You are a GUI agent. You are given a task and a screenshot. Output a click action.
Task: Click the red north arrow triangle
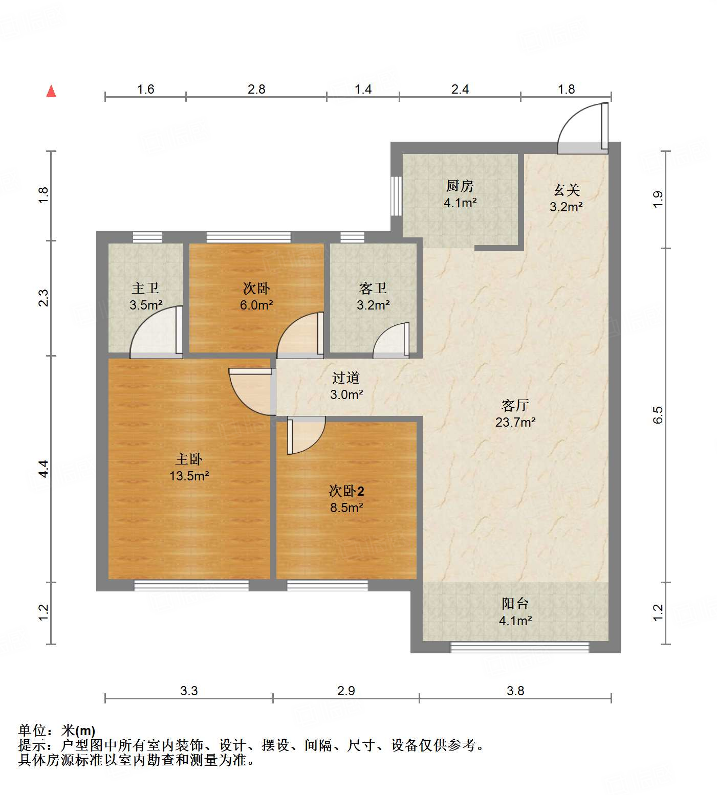[51, 92]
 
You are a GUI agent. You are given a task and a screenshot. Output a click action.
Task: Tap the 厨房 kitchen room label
[460, 186]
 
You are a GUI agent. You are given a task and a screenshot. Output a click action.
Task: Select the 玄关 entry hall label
[566, 190]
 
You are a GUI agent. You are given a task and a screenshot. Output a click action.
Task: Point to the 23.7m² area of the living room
[515, 423]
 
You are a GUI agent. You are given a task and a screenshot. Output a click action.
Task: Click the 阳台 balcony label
[515, 604]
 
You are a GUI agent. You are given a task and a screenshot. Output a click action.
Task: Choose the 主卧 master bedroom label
[189, 459]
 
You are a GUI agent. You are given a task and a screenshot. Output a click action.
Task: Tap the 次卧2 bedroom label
[346, 491]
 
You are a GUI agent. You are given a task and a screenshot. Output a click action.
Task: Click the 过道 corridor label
[346, 378]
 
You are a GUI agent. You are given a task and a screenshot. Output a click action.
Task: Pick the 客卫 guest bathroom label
[373, 289]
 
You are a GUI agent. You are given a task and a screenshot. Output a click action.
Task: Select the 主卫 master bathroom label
[145, 289]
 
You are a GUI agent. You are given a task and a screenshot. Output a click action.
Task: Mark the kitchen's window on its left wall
[396, 196]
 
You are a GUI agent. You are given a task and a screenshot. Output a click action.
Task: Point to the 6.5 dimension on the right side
[658, 415]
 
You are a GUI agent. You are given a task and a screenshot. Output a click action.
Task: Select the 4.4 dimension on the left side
[44, 469]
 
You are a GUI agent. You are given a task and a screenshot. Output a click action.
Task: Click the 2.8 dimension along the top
[256, 90]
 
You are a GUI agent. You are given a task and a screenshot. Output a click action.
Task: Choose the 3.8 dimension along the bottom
[515, 691]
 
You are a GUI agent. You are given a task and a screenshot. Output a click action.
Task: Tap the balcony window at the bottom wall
[519, 648]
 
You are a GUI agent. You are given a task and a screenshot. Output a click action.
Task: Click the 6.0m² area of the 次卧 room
[256, 305]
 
